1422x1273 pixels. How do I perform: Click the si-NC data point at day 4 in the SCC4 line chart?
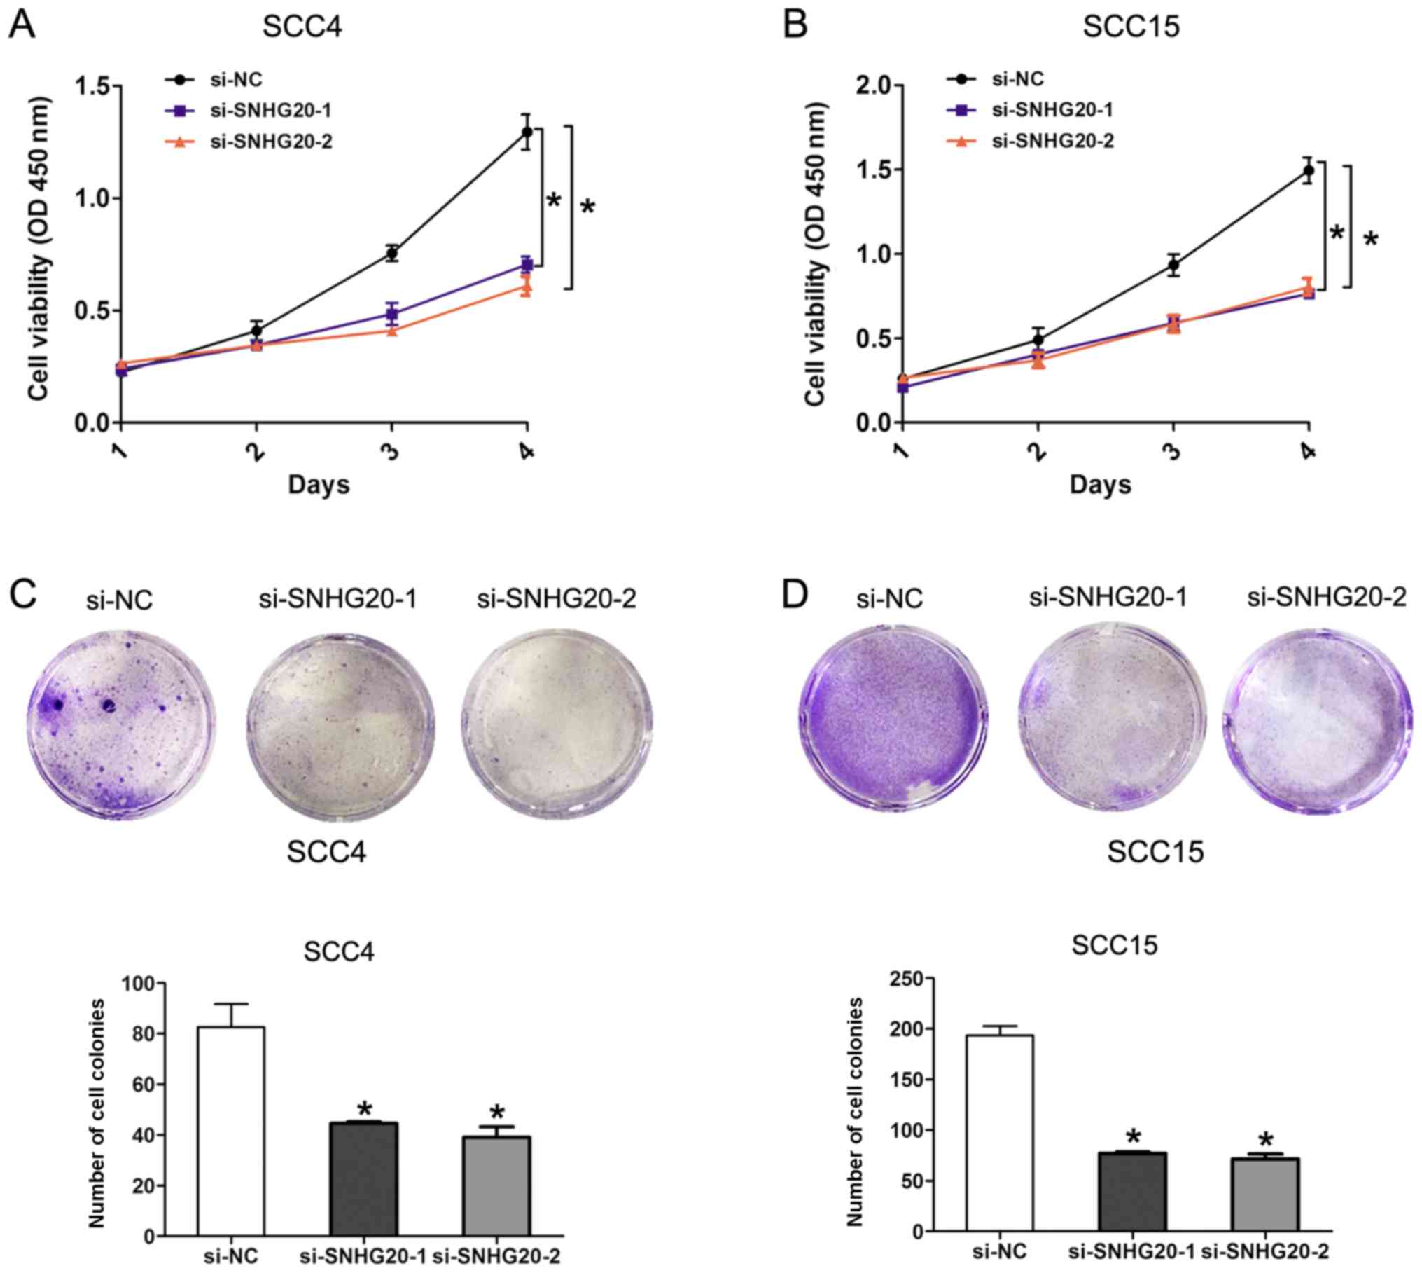point(527,132)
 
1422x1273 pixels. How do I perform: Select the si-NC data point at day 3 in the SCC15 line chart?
point(1173,265)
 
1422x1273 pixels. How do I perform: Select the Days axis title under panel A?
point(319,484)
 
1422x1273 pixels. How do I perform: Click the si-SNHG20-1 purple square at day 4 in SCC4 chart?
point(527,264)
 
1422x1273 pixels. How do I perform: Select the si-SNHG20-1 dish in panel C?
point(341,724)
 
